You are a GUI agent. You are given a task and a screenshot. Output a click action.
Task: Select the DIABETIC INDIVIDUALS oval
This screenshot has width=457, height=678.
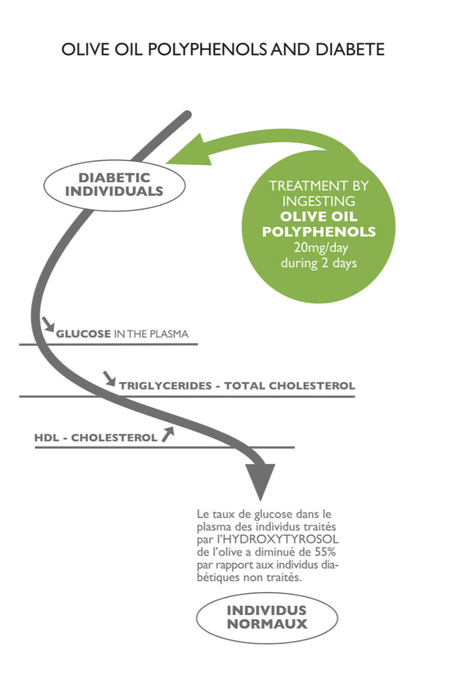point(115,185)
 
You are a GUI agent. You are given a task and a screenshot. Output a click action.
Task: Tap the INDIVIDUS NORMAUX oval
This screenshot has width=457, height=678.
point(267,617)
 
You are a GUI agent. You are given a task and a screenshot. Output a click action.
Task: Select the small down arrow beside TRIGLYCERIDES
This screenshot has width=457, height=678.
point(110,378)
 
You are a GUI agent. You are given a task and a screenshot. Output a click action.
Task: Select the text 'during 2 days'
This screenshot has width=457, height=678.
point(319,262)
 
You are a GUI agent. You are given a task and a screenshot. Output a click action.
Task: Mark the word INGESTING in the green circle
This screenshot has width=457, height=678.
point(319,201)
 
